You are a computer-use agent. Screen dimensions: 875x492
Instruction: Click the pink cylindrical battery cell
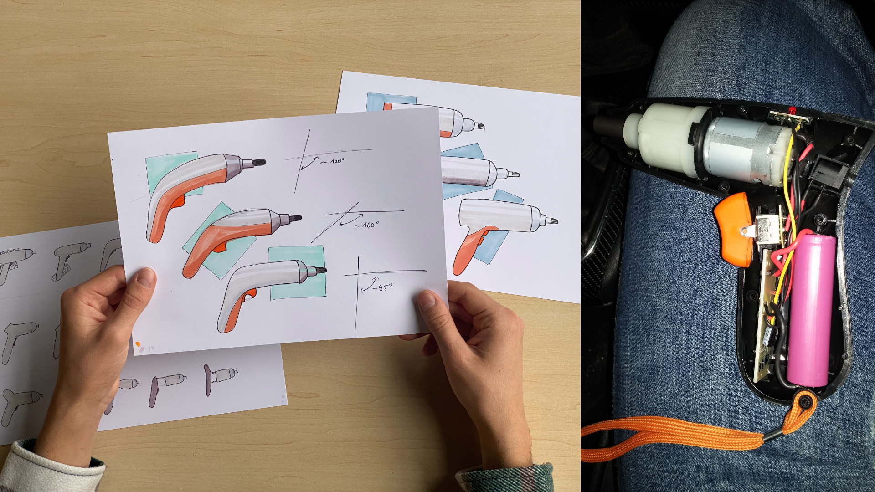812,310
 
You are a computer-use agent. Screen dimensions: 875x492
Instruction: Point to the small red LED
791,111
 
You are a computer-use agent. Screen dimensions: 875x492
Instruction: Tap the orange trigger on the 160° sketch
221,247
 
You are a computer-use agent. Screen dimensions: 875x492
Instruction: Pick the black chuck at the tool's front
608,124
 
